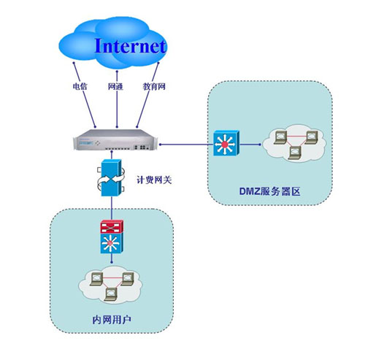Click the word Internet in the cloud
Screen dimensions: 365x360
click(131, 46)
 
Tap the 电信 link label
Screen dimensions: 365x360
click(80, 86)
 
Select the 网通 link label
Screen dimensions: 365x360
click(115, 86)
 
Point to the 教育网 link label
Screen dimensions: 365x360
click(154, 86)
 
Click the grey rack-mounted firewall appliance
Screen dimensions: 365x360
click(115, 139)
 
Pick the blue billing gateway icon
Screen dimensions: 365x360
click(111, 177)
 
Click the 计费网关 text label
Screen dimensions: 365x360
click(154, 180)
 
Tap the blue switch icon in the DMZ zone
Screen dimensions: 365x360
click(226, 143)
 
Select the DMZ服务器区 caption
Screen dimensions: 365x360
click(269, 191)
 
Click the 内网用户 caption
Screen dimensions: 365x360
click(112, 320)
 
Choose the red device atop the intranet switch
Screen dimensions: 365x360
click(112, 227)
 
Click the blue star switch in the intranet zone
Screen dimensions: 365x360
click(112, 243)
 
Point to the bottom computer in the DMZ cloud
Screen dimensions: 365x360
click(295, 153)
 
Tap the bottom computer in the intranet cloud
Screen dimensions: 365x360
click(111, 294)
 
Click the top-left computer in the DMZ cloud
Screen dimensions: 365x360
click(280, 137)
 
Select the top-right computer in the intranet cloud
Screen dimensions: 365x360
click(127, 279)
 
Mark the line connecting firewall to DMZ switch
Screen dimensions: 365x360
click(186, 145)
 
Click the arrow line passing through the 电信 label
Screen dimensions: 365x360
click(85, 95)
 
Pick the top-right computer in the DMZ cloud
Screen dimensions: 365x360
click(311, 137)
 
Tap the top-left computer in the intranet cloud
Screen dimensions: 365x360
click(96, 279)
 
